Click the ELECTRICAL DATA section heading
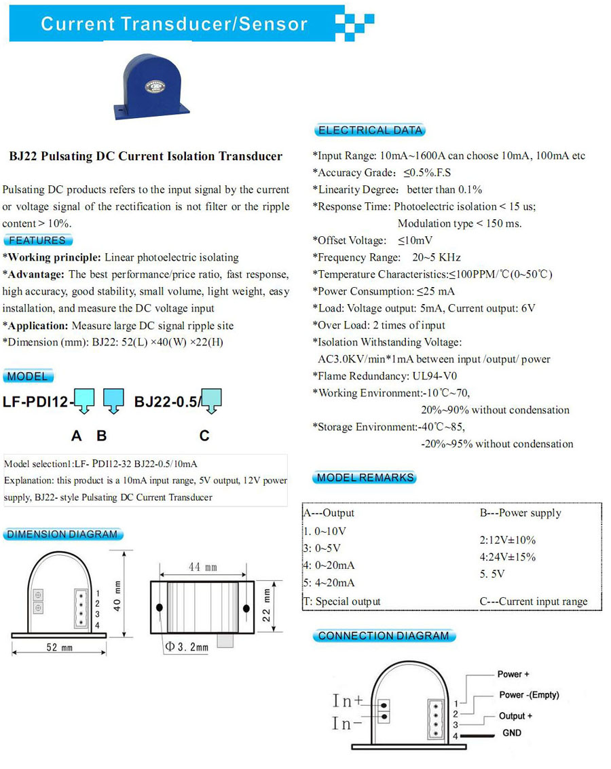pyautogui.click(x=370, y=130)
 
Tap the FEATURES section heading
pyautogui.click(x=37, y=240)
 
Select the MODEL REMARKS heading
pyautogui.click(x=365, y=478)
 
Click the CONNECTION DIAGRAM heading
pyautogui.click(x=384, y=636)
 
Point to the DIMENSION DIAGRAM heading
pyautogui.click(x=62, y=534)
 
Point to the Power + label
pyautogui.click(x=513, y=674)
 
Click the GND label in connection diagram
pyautogui.click(x=512, y=733)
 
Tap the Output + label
pyautogui.click(x=515, y=716)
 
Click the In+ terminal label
pyautogui.click(x=348, y=700)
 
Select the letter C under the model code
pyautogui.click(x=204, y=436)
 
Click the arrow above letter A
pyautogui.click(x=84, y=401)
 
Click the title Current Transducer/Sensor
pyautogui.click(x=174, y=24)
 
